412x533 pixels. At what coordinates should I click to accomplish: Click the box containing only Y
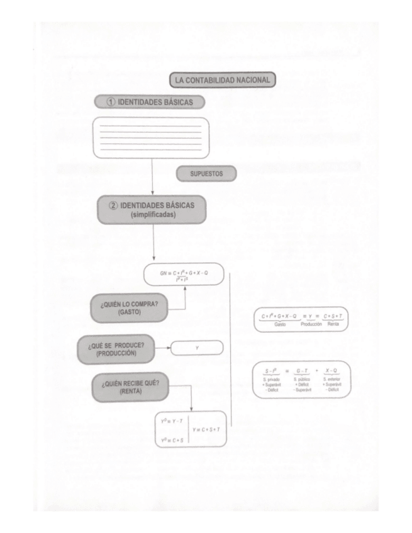click(197, 347)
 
